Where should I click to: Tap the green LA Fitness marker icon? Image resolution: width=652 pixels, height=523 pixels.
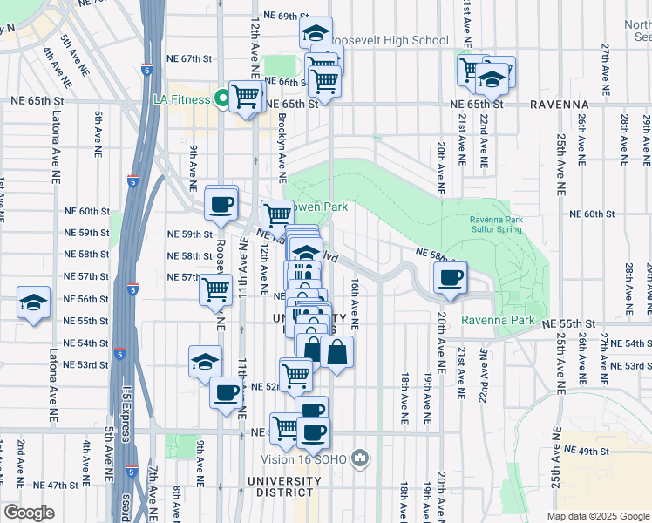pos(222,99)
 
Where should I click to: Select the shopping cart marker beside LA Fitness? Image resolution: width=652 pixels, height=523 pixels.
pos(246,96)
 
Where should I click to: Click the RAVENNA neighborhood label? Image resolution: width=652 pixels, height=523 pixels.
pos(559,104)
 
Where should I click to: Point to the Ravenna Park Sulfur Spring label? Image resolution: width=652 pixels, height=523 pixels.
pos(495,224)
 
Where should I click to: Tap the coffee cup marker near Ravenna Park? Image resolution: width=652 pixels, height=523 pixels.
pos(451,278)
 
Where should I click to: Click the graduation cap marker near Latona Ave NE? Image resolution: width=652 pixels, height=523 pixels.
pos(33,303)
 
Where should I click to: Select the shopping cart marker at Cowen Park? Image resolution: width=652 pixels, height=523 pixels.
pos(278,214)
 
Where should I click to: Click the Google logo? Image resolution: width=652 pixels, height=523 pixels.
pos(29,513)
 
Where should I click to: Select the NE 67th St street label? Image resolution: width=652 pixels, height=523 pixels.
pos(191,59)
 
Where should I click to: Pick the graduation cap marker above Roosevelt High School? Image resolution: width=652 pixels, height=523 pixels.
pos(316,33)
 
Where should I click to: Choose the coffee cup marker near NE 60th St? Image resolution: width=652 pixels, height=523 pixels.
pos(221,204)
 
